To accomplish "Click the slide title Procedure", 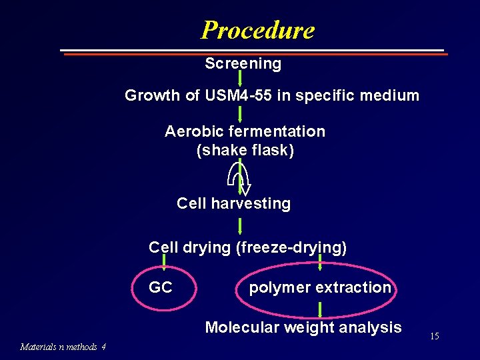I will (x=257, y=30).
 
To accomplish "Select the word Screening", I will (x=243, y=64).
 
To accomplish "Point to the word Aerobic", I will (x=190, y=131).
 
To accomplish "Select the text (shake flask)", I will (x=245, y=151).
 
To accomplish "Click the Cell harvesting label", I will (x=233, y=203).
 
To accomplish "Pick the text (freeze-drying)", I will (x=291, y=247).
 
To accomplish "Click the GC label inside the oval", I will (x=161, y=287).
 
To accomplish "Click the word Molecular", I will (x=241, y=327).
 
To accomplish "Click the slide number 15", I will (x=434, y=337).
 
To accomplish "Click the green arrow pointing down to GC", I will (x=164, y=265).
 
